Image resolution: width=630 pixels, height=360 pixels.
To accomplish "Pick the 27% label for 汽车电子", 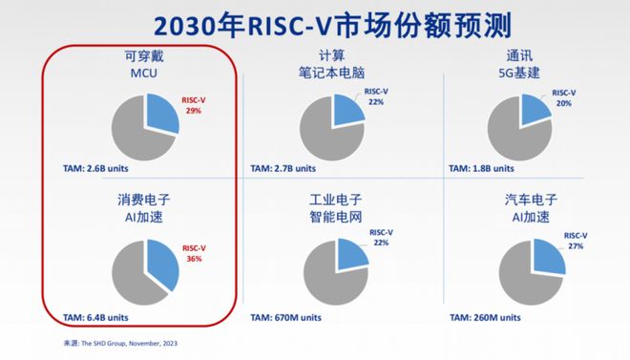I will click(x=576, y=245).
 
